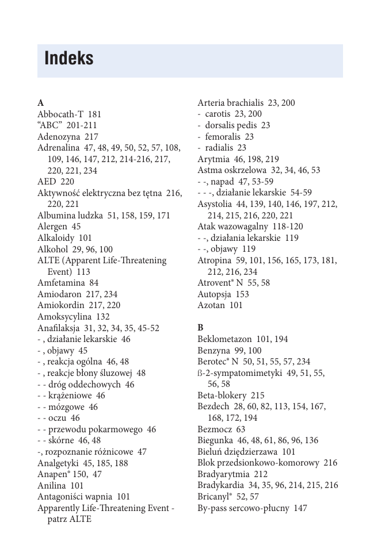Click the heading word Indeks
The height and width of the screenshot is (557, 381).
68,59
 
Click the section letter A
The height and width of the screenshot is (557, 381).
40,103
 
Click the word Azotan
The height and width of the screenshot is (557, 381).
211,306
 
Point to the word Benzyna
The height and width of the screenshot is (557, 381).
212,351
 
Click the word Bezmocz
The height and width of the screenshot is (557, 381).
214,429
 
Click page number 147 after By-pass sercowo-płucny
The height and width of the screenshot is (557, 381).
300,508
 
